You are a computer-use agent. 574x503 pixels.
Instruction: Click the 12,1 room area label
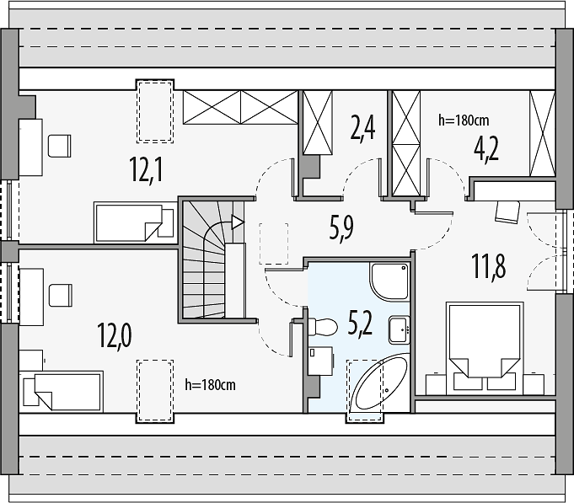(x=147, y=169)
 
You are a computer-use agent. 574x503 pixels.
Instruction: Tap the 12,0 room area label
(x=115, y=335)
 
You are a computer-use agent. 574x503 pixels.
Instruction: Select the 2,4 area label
(x=362, y=128)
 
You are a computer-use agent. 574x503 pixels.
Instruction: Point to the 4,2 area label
(x=486, y=149)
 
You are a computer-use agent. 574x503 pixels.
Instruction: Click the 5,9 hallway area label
(x=341, y=227)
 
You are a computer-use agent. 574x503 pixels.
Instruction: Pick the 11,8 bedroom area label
(x=489, y=266)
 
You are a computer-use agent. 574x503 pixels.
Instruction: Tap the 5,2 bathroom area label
(x=361, y=324)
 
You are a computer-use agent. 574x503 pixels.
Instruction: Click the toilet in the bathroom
(x=322, y=326)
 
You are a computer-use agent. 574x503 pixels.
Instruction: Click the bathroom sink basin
(x=399, y=330)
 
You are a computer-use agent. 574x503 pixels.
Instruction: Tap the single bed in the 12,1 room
(x=134, y=222)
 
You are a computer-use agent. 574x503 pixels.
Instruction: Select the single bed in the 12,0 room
(x=62, y=392)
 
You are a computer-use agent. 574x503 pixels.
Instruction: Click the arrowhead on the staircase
(x=238, y=222)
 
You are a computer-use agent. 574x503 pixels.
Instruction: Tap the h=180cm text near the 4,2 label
(x=464, y=120)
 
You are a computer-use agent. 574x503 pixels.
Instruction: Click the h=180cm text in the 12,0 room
(x=210, y=384)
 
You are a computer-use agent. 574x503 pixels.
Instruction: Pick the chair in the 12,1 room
(x=60, y=146)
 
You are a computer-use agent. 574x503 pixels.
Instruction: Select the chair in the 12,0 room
(x=61, y=295)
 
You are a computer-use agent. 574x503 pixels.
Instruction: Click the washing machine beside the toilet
(x=320, y=361)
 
